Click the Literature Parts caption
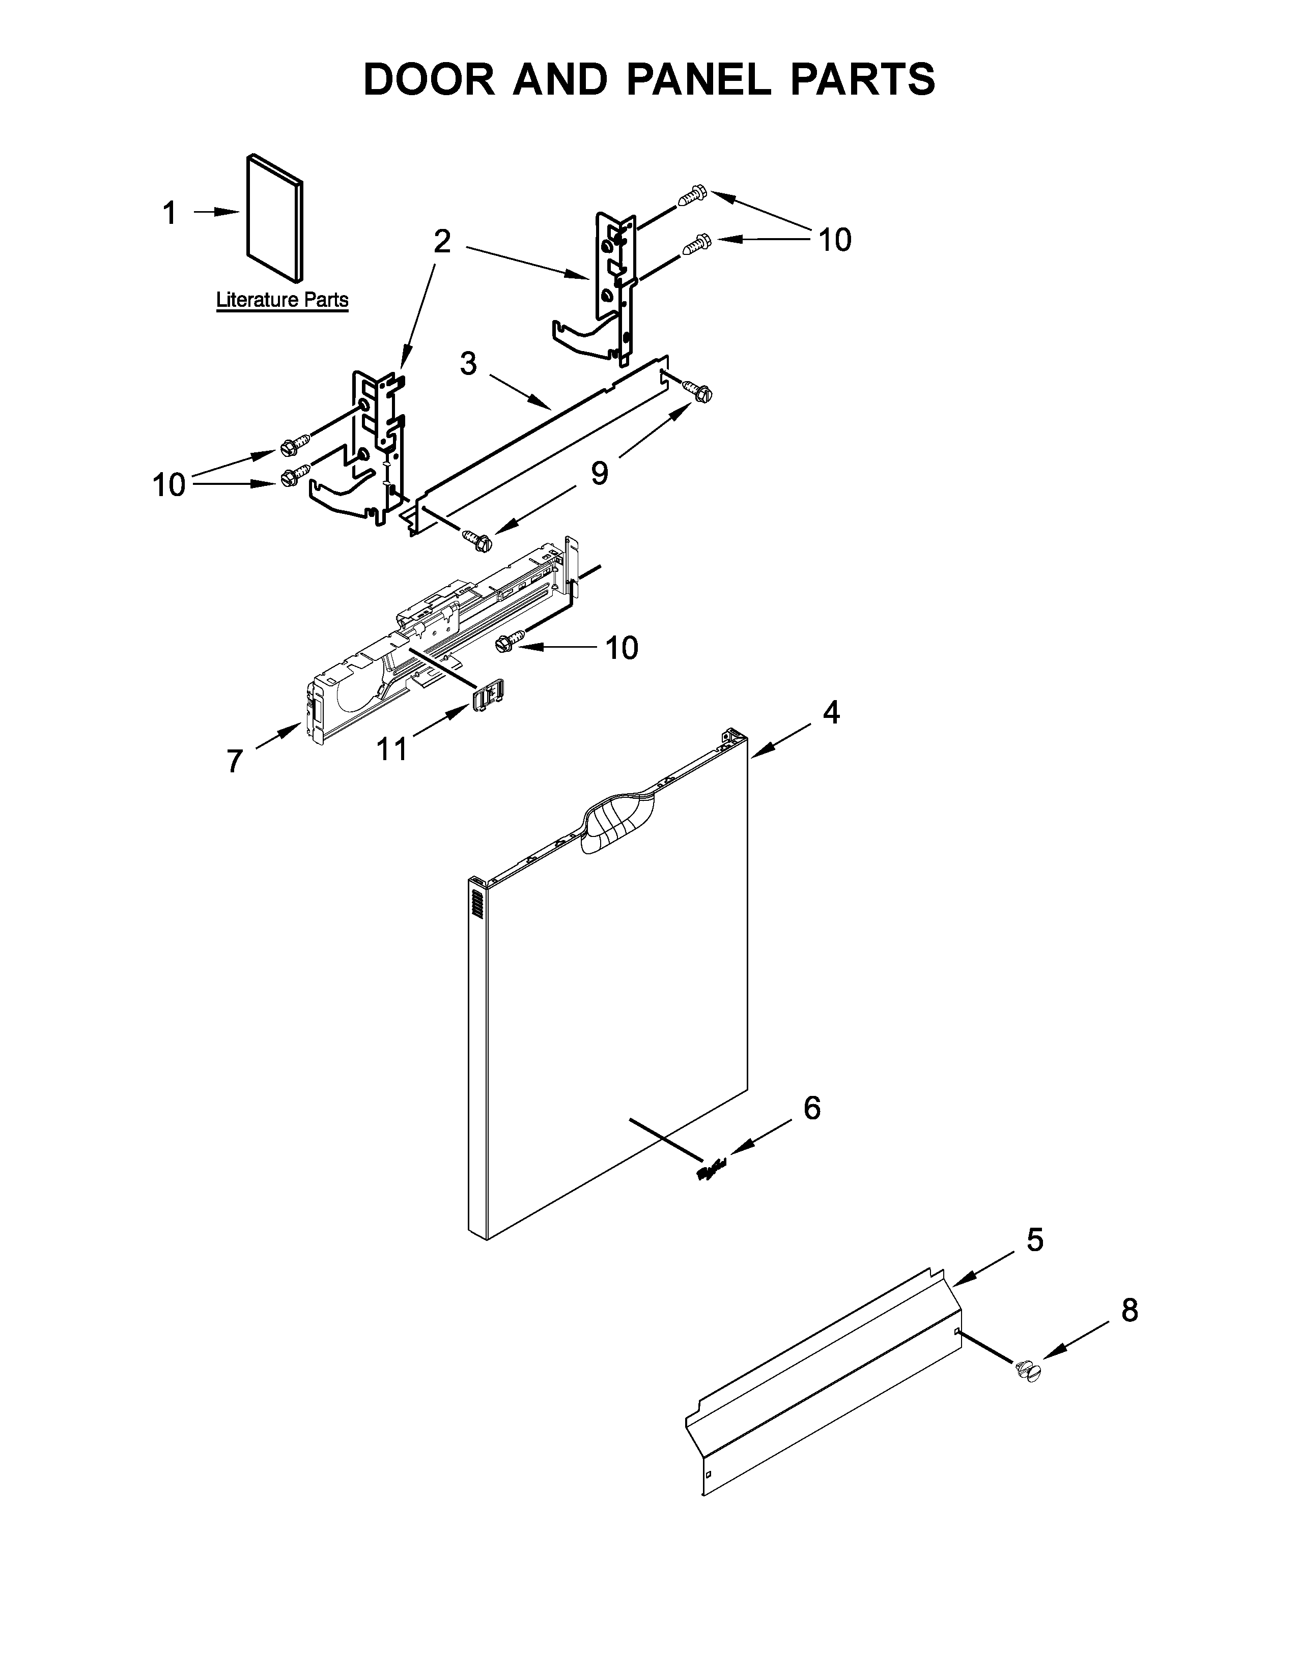282,299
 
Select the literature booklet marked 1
274,218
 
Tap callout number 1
170,213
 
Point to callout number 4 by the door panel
831,713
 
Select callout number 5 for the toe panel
1035,1240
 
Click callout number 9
599,472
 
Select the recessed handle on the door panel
618,823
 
